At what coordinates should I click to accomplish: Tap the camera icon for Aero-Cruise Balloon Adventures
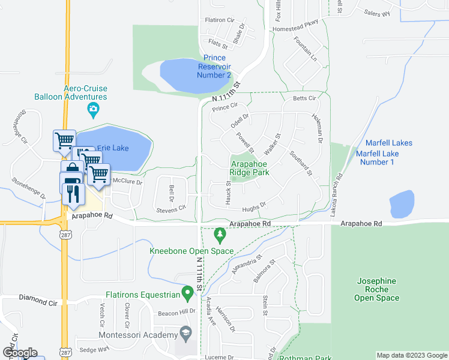point(93,109)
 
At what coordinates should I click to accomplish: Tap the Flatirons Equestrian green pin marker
point(188,295)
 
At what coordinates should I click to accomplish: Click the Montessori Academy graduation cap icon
point(186,332)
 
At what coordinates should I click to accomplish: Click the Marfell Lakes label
point(388,143)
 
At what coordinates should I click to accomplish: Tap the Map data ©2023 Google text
point(411,355)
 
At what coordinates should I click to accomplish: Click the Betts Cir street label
point(304,98)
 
